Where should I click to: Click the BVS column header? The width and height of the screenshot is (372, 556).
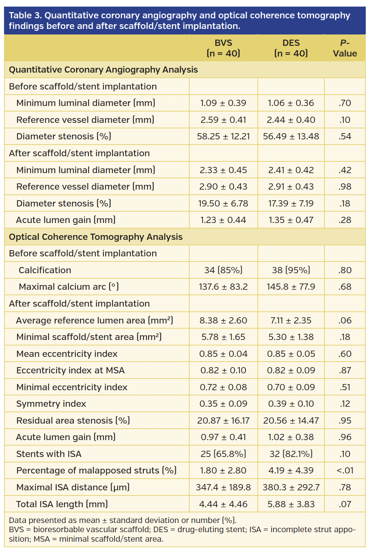223,48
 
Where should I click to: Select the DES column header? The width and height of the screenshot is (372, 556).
291,48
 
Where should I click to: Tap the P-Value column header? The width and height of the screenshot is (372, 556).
345,48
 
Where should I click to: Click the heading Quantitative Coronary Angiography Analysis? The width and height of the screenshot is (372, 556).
103,70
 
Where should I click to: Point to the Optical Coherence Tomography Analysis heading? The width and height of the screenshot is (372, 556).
96,237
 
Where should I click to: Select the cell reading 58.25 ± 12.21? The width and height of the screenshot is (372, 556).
223,136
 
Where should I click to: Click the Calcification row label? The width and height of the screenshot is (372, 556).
45,270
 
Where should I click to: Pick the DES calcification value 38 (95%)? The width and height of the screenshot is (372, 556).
291,270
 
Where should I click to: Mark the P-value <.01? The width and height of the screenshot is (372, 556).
345,471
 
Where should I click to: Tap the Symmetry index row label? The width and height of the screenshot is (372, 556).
51,404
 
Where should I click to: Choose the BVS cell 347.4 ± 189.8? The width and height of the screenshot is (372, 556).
223,487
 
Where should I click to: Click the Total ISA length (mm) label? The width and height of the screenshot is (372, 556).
62,504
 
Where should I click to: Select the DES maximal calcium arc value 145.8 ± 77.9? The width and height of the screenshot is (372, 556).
291,287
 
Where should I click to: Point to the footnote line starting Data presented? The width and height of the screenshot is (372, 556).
123,520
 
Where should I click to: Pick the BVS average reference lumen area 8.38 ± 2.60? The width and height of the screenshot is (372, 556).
223,321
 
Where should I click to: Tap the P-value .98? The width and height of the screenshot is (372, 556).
345,187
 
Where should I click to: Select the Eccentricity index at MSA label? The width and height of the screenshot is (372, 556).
71,370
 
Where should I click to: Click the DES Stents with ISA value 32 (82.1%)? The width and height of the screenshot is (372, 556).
291,454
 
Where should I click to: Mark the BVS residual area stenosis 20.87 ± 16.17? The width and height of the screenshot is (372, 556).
223,421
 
